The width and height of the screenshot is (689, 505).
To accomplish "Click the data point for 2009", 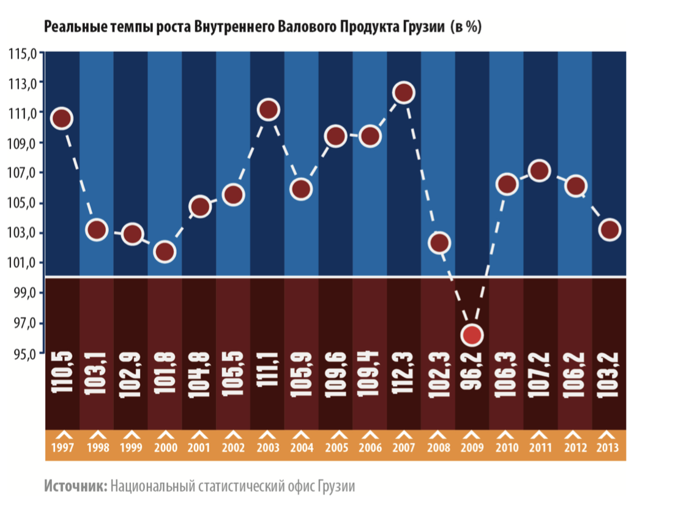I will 472,335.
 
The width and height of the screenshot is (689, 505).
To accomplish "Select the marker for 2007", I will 404,93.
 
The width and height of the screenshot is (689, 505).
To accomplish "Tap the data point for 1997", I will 62,119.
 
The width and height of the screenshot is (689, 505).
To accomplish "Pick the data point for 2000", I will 165,251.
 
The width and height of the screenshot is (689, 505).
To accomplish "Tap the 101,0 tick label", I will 23,263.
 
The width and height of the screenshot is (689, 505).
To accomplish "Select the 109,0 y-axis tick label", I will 23,143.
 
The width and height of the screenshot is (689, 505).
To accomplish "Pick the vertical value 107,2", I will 539,374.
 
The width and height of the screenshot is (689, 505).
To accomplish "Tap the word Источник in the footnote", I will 75,487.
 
